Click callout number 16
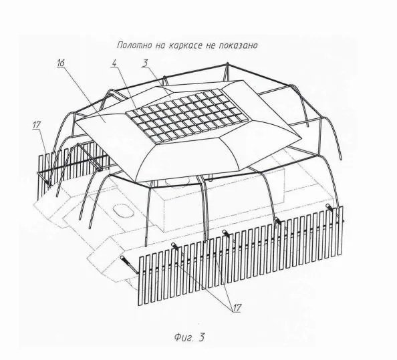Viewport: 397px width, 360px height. click(61, 63)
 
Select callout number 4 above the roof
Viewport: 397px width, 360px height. click(114, 63)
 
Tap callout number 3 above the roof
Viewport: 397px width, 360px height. click(145, 63)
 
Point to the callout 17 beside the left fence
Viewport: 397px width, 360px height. click(37, 125)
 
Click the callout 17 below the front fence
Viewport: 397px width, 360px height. click(237, 308)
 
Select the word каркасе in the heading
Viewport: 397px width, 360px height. click(186, 46)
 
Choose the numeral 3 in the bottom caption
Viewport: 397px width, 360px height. click(201, 337)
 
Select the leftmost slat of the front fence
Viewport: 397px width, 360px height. click(141, 281)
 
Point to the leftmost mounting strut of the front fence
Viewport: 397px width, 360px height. click(129, 264)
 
